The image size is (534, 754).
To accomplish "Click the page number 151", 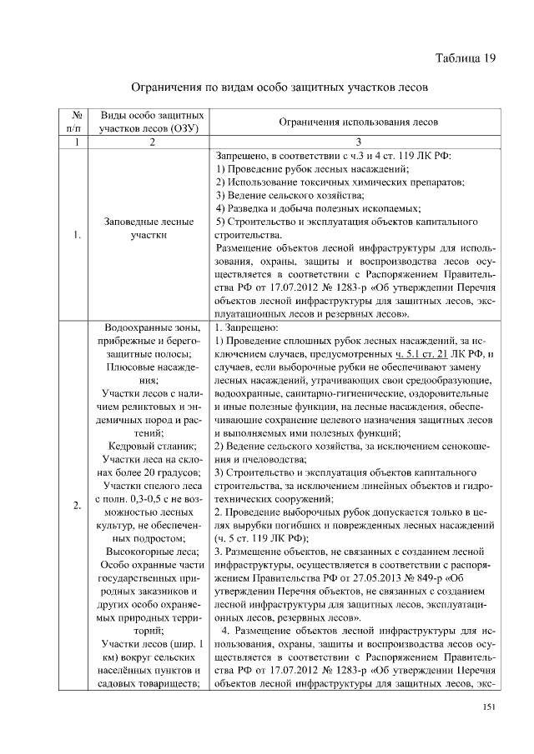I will coord(490,707).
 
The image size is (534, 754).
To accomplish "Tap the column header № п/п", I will coord(76,122).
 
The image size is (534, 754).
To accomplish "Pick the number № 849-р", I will coord(443,577).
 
